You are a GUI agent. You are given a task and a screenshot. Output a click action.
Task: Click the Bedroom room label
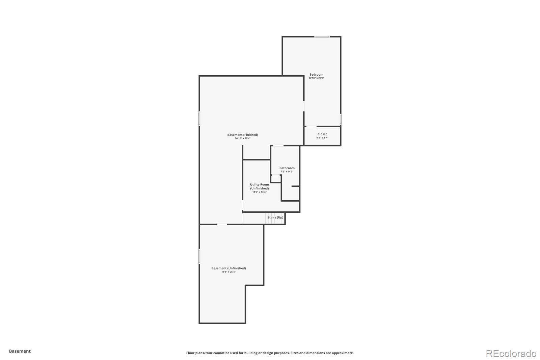316,75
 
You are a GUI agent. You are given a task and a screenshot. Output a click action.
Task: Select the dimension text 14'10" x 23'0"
316,78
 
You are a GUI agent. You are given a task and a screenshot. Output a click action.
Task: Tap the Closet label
322,134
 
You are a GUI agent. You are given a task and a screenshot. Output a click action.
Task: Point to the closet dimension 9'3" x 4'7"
322,138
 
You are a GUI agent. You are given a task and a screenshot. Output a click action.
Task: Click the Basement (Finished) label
243,135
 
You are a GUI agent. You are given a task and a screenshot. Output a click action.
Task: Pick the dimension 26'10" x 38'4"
243,138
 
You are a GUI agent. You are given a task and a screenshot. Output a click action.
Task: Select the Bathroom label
287,168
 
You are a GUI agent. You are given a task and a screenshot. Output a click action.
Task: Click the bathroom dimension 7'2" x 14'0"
287,172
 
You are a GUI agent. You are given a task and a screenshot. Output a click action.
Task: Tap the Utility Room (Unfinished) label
260,186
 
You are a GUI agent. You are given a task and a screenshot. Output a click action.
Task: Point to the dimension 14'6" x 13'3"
260,192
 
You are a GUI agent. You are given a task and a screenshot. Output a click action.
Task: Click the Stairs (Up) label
275,217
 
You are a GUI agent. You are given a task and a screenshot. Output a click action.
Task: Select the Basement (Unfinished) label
228,268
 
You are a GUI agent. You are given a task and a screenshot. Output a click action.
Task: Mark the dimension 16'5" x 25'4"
228,272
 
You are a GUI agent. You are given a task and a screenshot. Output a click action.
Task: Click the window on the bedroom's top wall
322,37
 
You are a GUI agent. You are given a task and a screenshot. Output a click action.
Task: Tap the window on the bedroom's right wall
341,119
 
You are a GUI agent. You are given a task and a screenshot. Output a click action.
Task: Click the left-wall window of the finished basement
199,119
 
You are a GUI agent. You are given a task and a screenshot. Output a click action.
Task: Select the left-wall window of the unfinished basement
199,256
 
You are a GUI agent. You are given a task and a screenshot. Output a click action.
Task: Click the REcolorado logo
511,354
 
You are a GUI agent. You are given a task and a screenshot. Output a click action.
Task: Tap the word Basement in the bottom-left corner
20,351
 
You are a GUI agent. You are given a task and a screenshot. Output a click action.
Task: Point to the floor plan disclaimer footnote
270,353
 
